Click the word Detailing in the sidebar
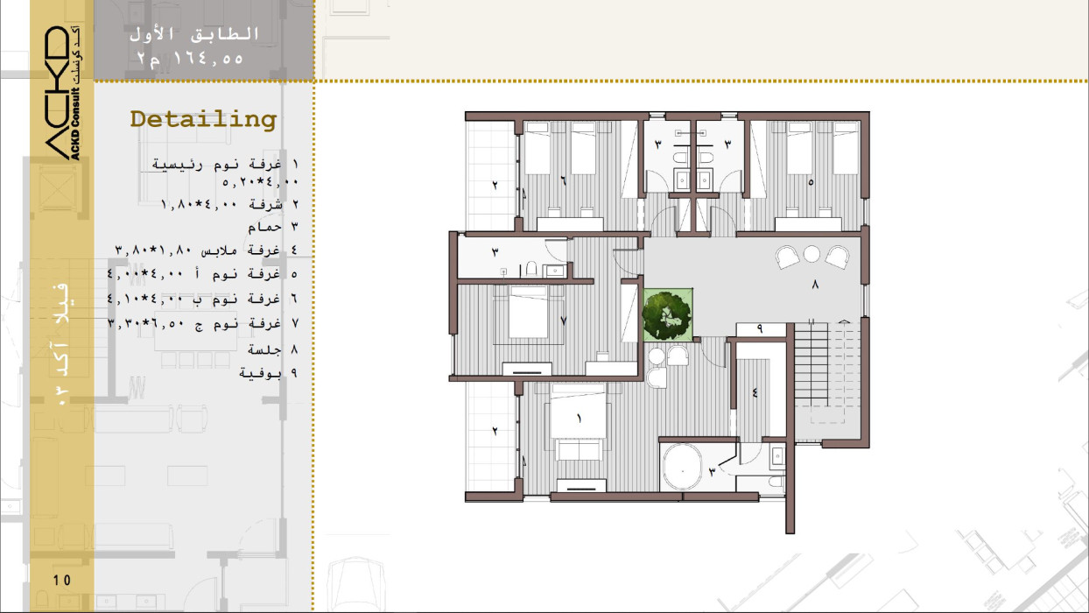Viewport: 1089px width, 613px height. pos(203,120)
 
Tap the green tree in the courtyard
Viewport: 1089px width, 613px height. pos(666,315)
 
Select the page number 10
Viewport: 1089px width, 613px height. pos(62,580)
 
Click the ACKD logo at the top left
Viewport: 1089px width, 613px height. pos(63,93)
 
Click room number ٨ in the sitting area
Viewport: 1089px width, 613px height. pos(815,285)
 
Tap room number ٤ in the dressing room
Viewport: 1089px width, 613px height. pos(755,392)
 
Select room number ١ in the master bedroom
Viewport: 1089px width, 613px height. pos(579,419)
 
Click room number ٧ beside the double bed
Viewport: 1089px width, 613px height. pos(563,321)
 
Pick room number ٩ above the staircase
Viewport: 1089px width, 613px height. pos(760,329)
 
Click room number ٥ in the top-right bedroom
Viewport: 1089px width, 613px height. pos(811,182)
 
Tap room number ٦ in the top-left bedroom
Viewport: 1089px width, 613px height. pos(564,181)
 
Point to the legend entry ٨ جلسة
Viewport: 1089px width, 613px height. pos(273,349)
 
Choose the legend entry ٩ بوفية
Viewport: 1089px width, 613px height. pos(269,373)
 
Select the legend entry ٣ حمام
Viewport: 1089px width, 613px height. pos(273,227)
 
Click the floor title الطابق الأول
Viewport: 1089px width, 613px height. pos(194,34)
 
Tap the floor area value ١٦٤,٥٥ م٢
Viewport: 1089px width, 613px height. pos(190,59)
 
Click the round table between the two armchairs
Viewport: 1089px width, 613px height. pos(811,253)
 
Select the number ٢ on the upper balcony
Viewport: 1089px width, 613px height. pos(495,185)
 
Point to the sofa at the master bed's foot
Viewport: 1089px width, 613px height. pos(579,450)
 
